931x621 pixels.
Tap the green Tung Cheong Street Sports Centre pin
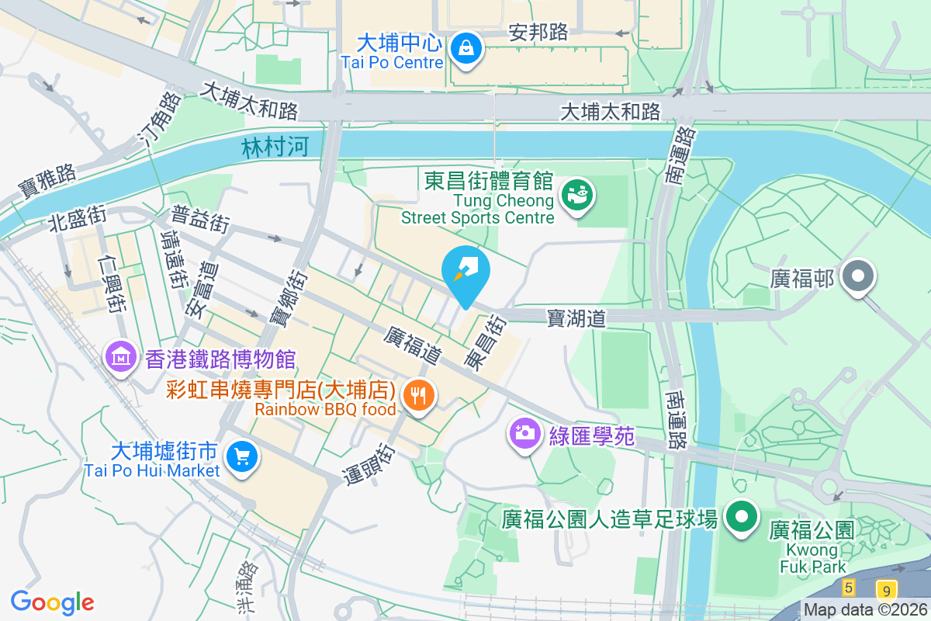(577, 195)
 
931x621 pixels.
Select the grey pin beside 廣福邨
(858, 277)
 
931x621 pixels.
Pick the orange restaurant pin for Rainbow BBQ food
(419, 397)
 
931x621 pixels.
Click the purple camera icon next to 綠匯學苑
(525, 432)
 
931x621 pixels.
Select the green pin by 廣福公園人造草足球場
(742, 517)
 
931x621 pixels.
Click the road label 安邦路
(538, 33)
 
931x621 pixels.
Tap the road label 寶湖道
(576, 317)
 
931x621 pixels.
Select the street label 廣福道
(413, 345)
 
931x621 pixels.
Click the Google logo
(52, 602)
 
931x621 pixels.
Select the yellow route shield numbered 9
(887, 589)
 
